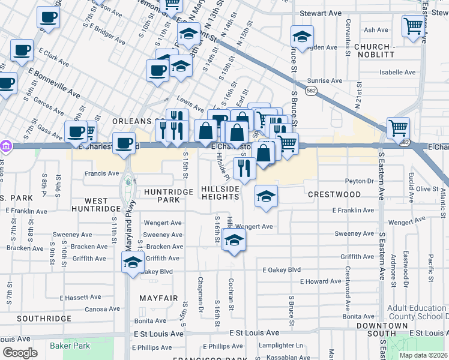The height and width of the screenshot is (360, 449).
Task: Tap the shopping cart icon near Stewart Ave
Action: point(414,26)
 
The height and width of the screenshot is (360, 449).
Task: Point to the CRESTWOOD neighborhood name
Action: point(334,194)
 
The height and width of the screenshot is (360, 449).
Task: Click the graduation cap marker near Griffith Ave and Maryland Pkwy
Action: point(133,262)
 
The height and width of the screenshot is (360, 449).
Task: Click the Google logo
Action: point(19,353)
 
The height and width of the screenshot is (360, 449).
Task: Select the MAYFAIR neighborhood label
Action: point(158,298)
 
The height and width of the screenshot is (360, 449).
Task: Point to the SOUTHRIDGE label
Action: point(35,318)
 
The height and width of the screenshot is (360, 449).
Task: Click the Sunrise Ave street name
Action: point(324,81)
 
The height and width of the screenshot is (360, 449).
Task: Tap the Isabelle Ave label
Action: point(397,73)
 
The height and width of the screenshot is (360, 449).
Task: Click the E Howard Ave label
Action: point(321,281)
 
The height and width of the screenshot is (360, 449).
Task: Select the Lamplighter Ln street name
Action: point(281,346)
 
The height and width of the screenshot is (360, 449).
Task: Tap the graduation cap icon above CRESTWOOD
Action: point(266,195)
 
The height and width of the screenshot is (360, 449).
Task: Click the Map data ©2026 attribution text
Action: point(423,355)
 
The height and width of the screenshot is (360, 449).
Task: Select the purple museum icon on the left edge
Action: point(5,146)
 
